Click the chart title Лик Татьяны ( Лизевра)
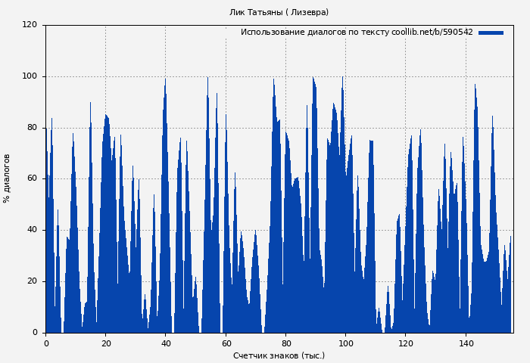click(279, 12)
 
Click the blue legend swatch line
click(491, 33)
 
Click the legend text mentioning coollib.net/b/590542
click(357, 33)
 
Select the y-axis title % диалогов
click(8, 178)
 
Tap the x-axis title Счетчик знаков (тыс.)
click(279, 355)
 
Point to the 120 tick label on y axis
click(30, 25)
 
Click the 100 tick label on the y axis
click(30, 76)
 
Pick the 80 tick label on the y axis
click(32, 128)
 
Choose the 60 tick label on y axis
click(32, 178)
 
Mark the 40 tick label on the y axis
click(32, 230)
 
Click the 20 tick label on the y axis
click(32, 281)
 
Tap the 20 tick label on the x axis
click(105, 343)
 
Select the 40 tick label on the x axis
click(166, 343)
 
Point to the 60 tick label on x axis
click(226, 343)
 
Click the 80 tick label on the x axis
click(285, 343)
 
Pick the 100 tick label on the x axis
click(345, 343)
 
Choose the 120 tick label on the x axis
click(405, 343)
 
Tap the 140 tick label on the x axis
click(466, 343)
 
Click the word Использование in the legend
click(270, 33)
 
